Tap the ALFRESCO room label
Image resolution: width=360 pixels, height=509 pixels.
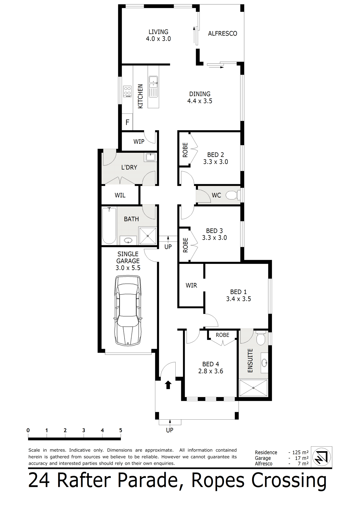[223, 34]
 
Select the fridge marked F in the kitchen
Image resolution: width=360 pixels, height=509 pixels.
[127, 122]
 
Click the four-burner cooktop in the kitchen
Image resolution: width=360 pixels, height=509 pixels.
[127, 91]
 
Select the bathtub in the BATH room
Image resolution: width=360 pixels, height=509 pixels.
[109, 225]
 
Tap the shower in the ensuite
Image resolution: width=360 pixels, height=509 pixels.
[253, 388]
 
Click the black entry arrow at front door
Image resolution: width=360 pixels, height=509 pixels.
[168, 385]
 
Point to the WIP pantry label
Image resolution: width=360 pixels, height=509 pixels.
[139, 142]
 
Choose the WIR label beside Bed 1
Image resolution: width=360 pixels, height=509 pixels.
[191, 286]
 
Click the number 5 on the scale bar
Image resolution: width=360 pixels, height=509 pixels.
[121, 430]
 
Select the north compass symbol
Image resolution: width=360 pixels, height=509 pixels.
[322, 457]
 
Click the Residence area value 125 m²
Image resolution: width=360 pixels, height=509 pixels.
[300, 452]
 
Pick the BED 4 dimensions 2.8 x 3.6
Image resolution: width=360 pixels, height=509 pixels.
[211, 371]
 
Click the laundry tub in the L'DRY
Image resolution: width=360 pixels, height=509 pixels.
[151, 157]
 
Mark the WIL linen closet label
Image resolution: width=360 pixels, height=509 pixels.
[120, 195]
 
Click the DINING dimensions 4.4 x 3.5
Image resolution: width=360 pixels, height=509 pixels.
[200, 101]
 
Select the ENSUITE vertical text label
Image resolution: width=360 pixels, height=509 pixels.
[250, 360]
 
